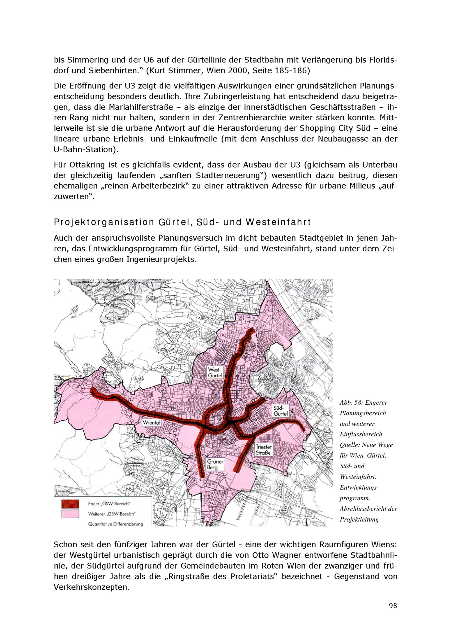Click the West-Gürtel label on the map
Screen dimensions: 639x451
coord(215,372)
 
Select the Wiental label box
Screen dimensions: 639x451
coord(152,422)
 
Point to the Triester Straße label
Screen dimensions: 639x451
coord(263,450)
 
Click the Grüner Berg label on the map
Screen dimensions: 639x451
coord(215,464)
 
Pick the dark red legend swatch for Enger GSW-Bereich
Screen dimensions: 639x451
coord(70,504)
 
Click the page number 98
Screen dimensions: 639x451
coord(393,606)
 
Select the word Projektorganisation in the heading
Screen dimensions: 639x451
coord(104,222)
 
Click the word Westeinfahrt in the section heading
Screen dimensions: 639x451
coord(278,222)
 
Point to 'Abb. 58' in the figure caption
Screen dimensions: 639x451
coord(351,402)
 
